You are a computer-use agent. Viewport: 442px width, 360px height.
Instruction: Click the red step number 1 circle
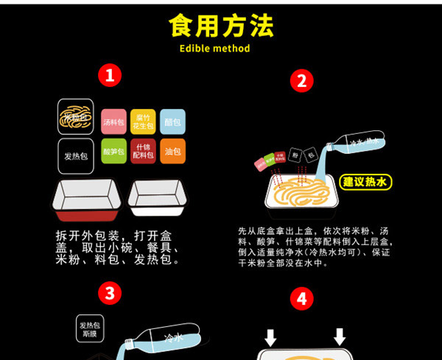tap(109, 75)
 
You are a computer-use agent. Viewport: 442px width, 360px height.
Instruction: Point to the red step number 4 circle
tap(301, 299)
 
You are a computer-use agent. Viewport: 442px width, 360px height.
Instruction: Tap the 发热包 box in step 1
tap(76, 156)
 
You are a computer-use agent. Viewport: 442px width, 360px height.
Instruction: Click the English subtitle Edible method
tap(214, 49)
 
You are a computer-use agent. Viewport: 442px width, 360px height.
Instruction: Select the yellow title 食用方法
tap(221, 25)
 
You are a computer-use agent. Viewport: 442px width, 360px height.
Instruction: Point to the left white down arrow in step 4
tap(270, 337)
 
